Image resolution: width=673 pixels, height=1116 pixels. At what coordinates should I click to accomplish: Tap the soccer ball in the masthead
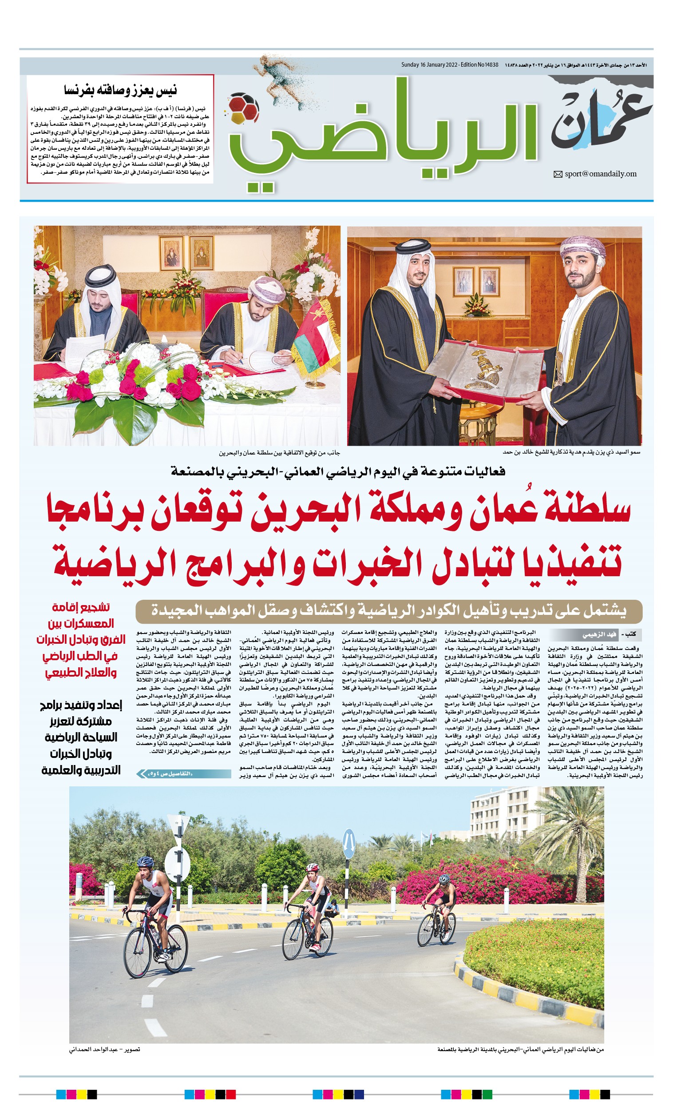pyautogui.click(x=243, y=109)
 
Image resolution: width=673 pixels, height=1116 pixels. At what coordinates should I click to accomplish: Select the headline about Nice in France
pyautogui.click(x=120, y=90)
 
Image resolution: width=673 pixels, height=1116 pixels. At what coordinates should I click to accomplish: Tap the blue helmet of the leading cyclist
pyautogui.click(x=145, y=861)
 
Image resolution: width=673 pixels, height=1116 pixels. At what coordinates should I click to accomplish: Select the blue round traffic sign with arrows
pyautogui.click(x=348, y=843)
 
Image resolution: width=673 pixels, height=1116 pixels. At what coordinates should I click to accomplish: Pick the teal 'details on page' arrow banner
pyautogui.click(x=183, y=774)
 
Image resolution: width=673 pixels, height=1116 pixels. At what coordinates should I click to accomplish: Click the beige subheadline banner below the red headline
pyautogui.click(x=388, y=611)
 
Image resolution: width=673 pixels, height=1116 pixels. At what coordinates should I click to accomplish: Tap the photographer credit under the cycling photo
pyautogui.click(x=105, y=1049)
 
